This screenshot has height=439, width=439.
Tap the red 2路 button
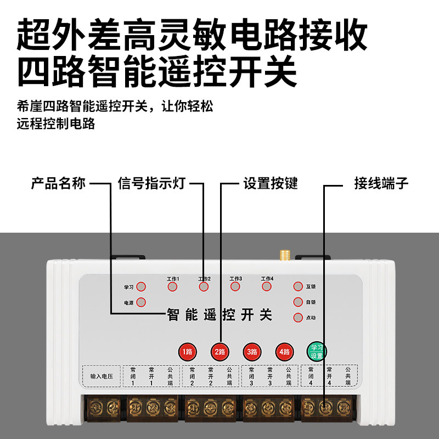click(219, 351)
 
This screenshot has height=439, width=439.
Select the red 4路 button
click(284, 351)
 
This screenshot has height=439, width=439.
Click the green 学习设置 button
click(316, 351)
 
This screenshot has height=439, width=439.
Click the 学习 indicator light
click(141, 286)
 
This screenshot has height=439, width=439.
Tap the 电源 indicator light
click(141, 302)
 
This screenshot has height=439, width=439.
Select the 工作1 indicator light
click(173, 286)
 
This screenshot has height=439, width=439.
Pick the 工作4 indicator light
click(267, 286)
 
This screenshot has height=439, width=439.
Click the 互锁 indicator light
click(298, 286)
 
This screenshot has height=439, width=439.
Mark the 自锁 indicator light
click(298, 302)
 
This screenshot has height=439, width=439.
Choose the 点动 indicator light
click(298, 317)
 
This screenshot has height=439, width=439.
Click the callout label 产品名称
click(58, 183)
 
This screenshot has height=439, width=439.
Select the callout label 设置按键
click(271, 183)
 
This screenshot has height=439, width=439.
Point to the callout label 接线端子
click(380, 183)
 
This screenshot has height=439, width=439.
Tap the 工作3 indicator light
click(235, 286)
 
